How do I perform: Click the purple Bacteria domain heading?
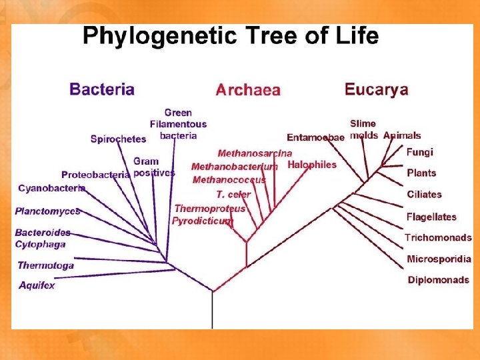pyautogui.click(x=102, y=89)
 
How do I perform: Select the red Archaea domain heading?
pyautogui.click(x=248, y=90)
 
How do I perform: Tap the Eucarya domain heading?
pyautogui.click(x=376, y=89)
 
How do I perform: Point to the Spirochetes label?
pyautogui.click(x=118, y=139)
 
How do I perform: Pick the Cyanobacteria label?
pyautogui.click(x=51, y=189)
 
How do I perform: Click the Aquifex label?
pyautogui.click(x=37, y=285)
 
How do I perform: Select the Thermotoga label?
pyautogui.click(x=45, y=265)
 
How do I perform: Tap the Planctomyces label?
pyautogui.click(x=47, y=211)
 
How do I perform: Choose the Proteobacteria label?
pyautogui.click(x=95, y=175)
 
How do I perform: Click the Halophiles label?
pyautogui.click(x=312, y=165)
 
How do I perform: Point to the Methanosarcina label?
pyautogui.click(x=255, y=153)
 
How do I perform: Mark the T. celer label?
pyautogui.click(x=233, y=194)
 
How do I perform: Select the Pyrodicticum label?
pyautogui.click(x=203, y=221)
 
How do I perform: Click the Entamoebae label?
pyautogui.click(x=315, y=137)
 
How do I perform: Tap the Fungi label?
pyautogui.click(x=420, y=153)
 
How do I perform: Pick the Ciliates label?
pyautogui.click(x=424, y=195)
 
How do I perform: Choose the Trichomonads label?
pyautogui.click(x=438, y=237)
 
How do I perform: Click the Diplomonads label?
pyautogui.click(x=438, y=280)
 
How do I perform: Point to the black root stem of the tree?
pyautogui.click(x=213, y=310)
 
